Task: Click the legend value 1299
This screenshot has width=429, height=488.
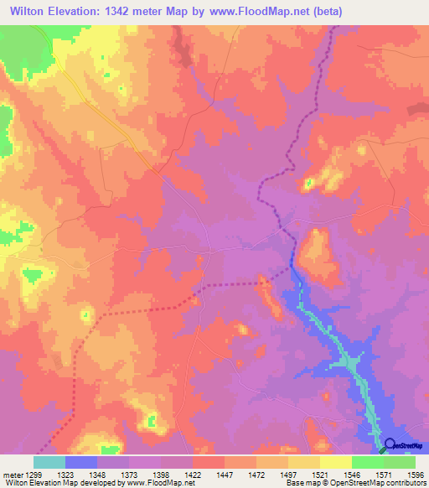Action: click(x=34, y=475)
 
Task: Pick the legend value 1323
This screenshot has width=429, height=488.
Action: click(x=65, y=475)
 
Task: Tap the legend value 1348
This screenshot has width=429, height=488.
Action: click(x=97, y=475)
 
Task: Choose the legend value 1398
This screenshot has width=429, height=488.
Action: click(x=161, y=475)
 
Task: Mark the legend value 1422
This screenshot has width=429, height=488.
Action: click(x=193, y=475)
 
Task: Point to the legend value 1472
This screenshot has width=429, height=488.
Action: click(x=256, y=475)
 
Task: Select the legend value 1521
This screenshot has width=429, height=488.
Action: click(x=320, y=475)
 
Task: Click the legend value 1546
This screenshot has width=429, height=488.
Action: click(x=352, y=475)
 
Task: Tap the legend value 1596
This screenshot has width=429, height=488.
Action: click(x=416, y=475)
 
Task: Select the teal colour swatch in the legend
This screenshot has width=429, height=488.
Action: click(x=49, y=462)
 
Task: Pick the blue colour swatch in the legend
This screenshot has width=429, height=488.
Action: click(x=80, y=462)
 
